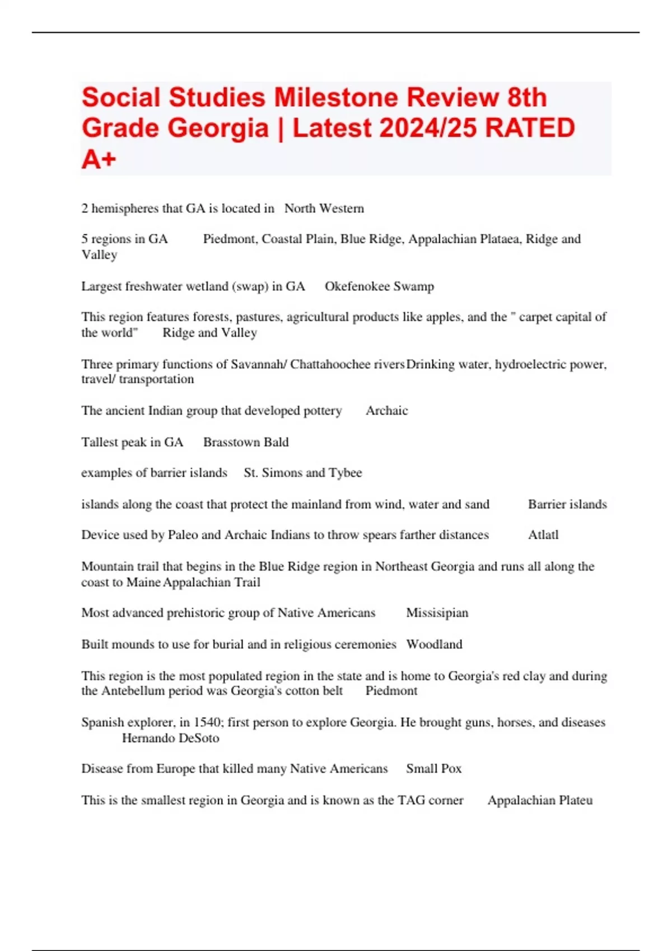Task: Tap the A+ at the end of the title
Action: pyautogui.click(x=99, y=159)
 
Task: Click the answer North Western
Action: pyautogui.click(x=324, y=209)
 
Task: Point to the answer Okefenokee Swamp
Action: pyautogui.click(x=379, y=286)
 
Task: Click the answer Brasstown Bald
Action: pyautogui.click(x=246, y=442)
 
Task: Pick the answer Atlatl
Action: pyautogui.click(x=543, y=535)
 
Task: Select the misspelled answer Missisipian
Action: pyautogui.click(x=437, y=613)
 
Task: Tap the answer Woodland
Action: pyautogui.click(x=434, y=644)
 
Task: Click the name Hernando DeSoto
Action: pyautogui.click(x=170, y=738)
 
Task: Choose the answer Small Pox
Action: pyautogui.click(x=433, y=769)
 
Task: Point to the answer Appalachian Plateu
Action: pyautogui.click(x=540, y=801)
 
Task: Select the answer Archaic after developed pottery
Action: pyautogui.click(x=386, y=411)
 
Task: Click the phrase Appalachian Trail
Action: pyautogui.click(x=212, y=582)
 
